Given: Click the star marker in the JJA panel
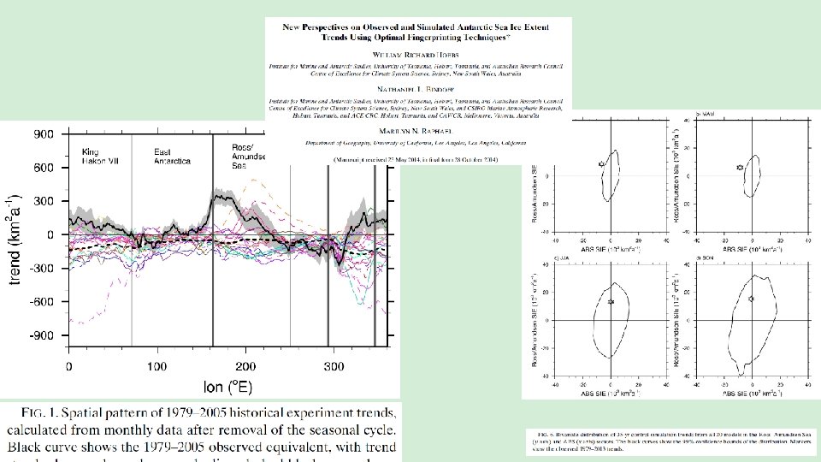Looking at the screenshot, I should (611, 301).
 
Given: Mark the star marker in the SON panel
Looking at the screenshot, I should (751, 299).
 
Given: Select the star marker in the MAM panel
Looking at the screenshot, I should (740, 168).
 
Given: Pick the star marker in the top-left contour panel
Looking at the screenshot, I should (601, 163).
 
